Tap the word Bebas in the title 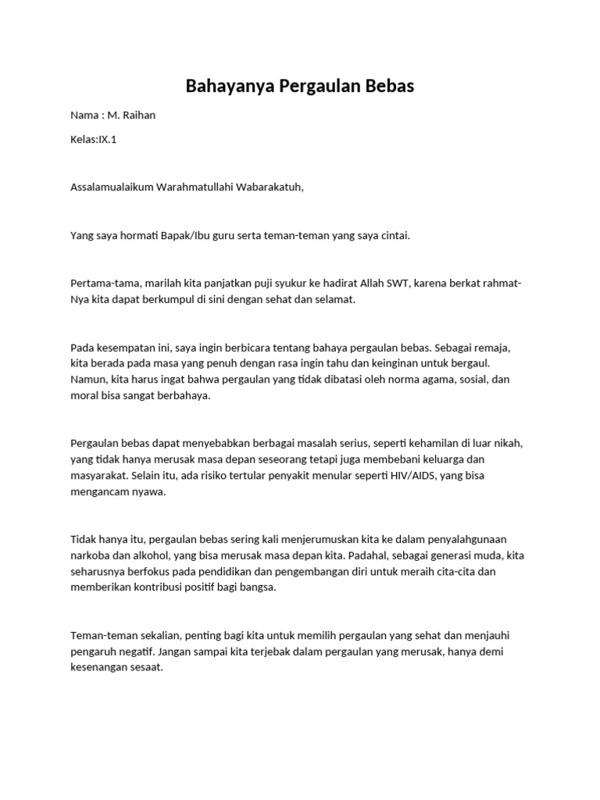pos(387,86)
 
